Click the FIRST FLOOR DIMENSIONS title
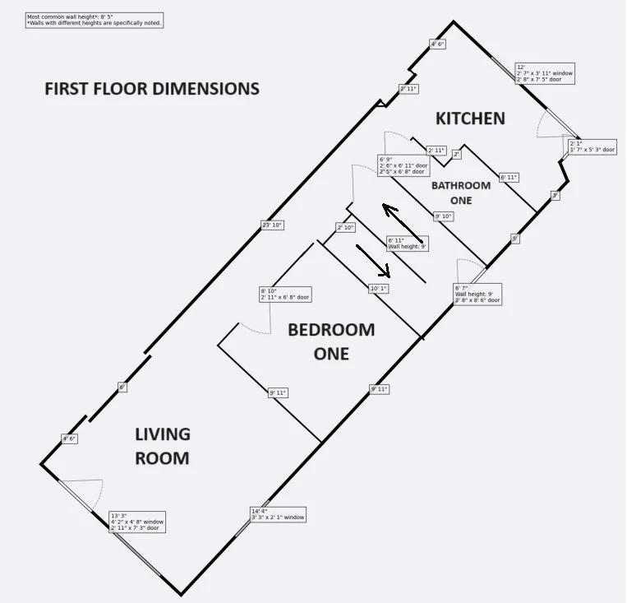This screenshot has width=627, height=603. [152, 89]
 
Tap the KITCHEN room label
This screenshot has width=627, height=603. [470, 118]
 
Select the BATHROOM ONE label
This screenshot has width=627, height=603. [461, 192]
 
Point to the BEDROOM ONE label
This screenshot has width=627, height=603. [330, 341]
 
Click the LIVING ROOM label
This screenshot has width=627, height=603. [163, 446]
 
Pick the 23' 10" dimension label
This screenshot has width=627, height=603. [271, 225]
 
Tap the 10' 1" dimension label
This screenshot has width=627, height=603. [378, 289]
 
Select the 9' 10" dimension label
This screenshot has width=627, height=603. [444, 216]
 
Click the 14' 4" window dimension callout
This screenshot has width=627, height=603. [278, 514]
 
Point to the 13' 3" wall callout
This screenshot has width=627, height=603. [137, 522]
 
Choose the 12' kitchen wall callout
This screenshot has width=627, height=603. [544, 73]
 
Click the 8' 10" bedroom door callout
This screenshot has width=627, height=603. [284, 294]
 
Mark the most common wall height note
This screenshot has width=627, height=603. [95, 20]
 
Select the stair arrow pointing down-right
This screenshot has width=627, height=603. [374, 261]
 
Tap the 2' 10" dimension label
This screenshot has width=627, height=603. [345, 227]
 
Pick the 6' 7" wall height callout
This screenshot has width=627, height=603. [477, 294]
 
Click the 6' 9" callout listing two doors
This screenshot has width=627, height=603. [403, 165]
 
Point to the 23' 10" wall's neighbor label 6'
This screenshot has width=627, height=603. [122, 387]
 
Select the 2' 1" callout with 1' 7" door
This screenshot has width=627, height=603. [592, 146]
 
